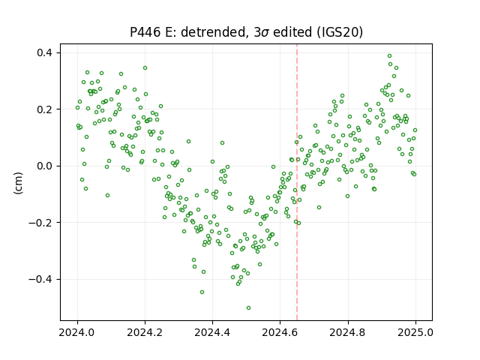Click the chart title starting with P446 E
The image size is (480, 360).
click(247, 32)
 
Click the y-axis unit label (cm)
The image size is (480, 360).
click(18, 183)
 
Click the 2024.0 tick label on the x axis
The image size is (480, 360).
click(77, 332)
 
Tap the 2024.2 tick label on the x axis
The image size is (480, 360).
click(145, 332)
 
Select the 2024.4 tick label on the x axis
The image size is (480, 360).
click(212, 332)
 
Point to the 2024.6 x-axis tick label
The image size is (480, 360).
click(280, 332)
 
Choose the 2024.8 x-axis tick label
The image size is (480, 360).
click(348, 332)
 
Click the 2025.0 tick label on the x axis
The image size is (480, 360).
click(415, 332)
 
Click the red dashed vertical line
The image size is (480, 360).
click(297, 182)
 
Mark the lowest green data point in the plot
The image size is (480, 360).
click(248, 307)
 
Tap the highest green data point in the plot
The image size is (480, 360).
click(390, 55)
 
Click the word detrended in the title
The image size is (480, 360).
click(214, 32)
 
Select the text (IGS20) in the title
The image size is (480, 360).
click(340, 32)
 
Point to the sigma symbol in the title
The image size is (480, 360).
click(265, 33)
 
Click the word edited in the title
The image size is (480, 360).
click(292, 32)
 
